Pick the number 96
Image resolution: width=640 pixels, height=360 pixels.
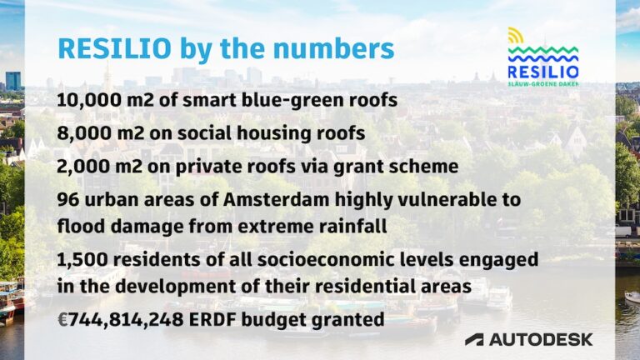[x=69, y=200]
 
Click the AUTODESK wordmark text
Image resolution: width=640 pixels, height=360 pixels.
[x=541, y=339]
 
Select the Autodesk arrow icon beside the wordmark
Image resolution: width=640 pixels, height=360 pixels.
[x=474, y=339]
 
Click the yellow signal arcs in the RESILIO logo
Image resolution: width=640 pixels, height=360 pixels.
[x=517, y=35]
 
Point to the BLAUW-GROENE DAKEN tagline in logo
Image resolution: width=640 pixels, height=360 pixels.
[x=542, y=83]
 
